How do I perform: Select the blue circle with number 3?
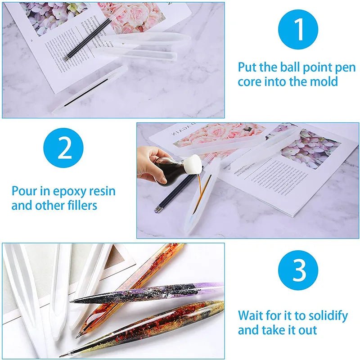tap(298, 270)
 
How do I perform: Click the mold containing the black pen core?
tap(90, 88)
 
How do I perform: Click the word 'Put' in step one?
tap(247, 68)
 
